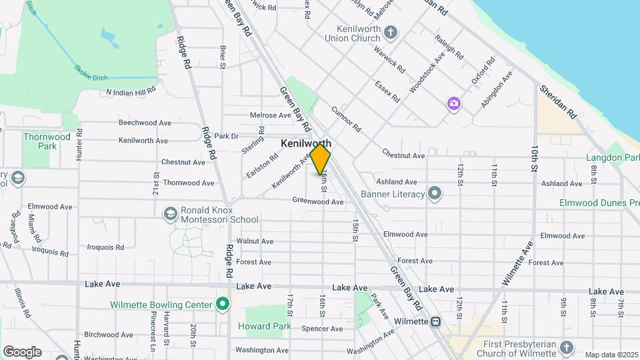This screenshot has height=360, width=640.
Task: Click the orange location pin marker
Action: [320, 159]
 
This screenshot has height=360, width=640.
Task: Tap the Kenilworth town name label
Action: [306, 143]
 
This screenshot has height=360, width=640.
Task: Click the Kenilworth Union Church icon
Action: [391, 32]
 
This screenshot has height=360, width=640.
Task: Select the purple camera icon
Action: [454, 103]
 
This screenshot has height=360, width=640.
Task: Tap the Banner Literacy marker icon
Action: [435, 194]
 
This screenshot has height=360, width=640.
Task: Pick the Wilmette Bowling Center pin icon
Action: [223, 305]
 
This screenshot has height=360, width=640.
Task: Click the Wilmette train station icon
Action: [435, 321]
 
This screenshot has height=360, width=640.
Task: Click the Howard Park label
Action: [264, 326]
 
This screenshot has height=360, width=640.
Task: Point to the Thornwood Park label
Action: [47, 141]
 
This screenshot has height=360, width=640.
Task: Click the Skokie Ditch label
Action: [91, 73]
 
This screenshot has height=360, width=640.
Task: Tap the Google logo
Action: [22, 351]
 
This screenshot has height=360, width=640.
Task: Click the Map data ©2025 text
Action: [611, 355]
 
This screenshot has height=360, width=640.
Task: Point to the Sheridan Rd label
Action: [559, 101]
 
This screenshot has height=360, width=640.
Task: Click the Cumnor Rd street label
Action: [345, 118]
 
